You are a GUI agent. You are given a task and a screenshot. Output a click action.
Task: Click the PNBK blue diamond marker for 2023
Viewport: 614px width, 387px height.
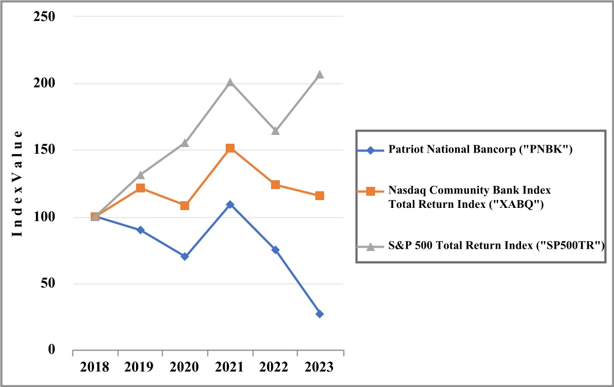click(320, 314)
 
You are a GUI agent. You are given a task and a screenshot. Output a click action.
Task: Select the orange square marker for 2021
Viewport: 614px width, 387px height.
click(230, 148)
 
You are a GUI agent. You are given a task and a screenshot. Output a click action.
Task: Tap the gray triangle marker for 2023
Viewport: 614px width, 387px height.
click(320, 75)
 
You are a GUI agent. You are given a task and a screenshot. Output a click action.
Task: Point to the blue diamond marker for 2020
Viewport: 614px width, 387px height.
click(185, 257)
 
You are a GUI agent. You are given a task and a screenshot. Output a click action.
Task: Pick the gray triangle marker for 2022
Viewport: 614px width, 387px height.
click(275, 131)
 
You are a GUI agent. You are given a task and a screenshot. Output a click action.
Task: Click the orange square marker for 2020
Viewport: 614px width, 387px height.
click(185, 206)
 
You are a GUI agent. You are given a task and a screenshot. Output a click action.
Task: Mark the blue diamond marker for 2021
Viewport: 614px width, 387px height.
click(230, 205)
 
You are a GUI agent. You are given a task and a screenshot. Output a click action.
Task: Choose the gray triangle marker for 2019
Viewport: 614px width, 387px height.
click(141, 175)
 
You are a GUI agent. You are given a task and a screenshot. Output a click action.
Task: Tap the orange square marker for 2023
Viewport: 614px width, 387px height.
click(320, 196)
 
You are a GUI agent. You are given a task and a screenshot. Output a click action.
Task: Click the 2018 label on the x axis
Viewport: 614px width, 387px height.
click(95, 368)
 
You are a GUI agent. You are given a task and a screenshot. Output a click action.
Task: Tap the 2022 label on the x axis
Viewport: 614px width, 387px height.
click(275, 368)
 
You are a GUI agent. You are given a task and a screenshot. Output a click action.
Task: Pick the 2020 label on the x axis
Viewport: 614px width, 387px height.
click(185, 368)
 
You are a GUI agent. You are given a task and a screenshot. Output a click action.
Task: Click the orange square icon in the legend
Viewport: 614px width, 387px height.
click(371, 191)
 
